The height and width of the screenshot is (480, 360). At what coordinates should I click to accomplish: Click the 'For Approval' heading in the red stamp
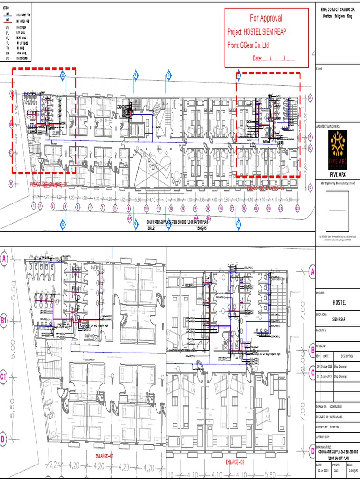tap(266, 18)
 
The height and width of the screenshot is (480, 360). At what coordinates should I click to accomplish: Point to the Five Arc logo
tap(337, 144)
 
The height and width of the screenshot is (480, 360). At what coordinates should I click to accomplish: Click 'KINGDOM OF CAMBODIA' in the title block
tap(337, 10)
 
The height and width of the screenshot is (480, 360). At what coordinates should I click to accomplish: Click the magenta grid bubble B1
tap(4, 321)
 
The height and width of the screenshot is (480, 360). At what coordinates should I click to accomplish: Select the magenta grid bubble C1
tap(4, 376)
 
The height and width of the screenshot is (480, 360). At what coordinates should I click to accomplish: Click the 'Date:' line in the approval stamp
tap(274, 59)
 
